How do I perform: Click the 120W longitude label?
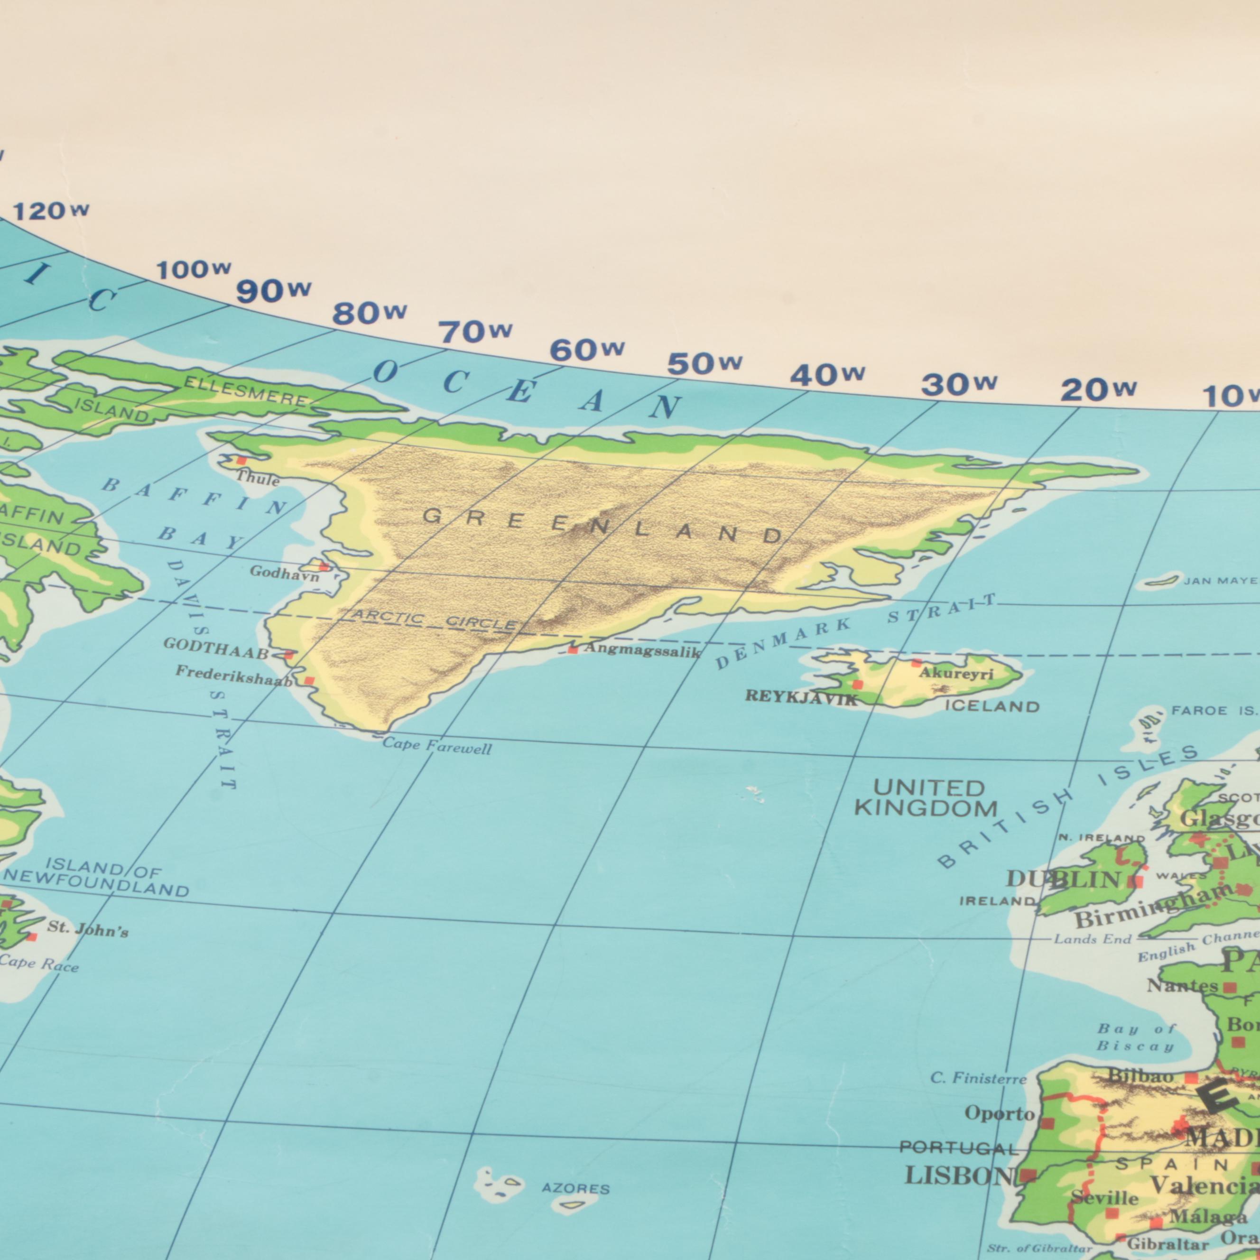51,211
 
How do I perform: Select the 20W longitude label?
1098,390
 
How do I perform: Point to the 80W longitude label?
369,315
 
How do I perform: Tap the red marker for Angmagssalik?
573,649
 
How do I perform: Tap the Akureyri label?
955,674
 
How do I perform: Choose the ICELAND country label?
992,706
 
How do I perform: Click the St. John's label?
87,929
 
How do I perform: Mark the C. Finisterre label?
978,1078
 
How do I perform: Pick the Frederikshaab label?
233,676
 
